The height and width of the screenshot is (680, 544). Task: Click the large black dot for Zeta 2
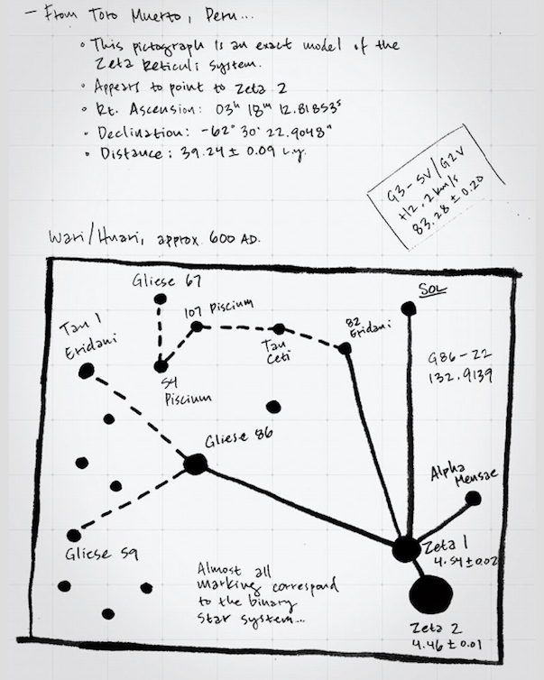[x=430, y=595]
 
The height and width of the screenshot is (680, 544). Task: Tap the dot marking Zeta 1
[x=406, y=548]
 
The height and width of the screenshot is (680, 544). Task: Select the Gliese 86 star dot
[x=195, y=464]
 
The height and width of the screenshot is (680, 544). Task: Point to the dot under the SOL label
[x=409, y=308]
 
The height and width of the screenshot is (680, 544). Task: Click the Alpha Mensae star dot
[x=473, y=498]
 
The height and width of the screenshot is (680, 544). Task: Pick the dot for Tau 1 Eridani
[x=87, y=371]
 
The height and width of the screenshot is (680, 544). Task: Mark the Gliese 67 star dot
[x=161, y=299]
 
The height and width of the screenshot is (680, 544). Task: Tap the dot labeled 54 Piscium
[x=161, y=366]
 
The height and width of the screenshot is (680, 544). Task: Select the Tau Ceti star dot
[x=279, y=328]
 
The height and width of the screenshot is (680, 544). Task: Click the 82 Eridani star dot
[x=345, y=348]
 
